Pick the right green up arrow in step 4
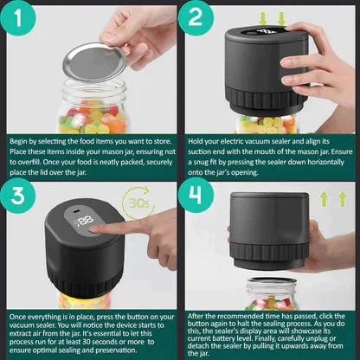pos(344,200)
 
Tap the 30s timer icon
pos(138,208)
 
